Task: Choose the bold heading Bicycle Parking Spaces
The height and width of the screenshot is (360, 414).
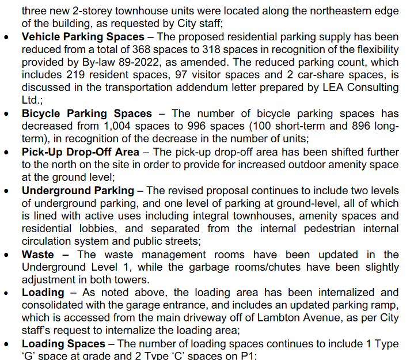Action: pos(87,113)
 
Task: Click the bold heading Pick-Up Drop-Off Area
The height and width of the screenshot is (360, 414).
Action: pos(81,152)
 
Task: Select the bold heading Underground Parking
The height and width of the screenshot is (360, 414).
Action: pos(78,190)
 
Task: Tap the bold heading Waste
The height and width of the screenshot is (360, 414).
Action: pos(38,254)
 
